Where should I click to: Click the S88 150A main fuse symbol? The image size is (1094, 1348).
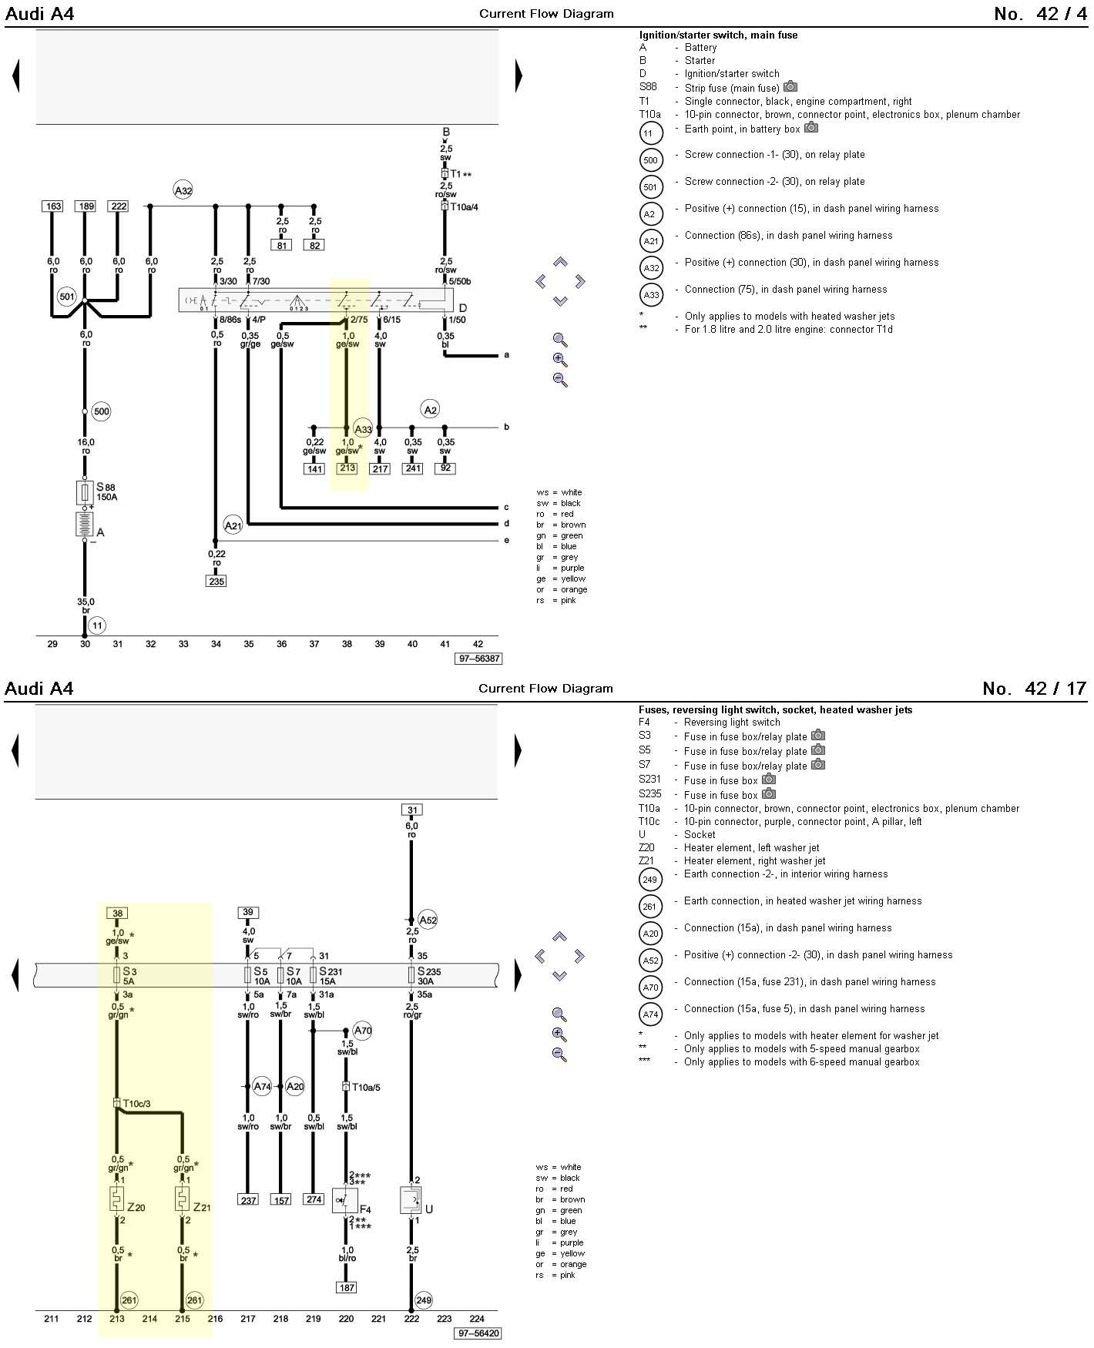click(x=85, y=492)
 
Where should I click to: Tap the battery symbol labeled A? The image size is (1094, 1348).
click(x=85, y=524)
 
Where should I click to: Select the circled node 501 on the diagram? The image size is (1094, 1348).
click(x=67, y=296)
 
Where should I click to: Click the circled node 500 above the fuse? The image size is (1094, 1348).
click(x=101, y=411)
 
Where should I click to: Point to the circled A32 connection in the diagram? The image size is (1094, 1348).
click(x=183, y=190)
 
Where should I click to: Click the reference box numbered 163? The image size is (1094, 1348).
click(x=52, y=206)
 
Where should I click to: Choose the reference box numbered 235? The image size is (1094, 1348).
click(x=216, y=582)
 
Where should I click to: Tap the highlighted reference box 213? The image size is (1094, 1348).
click(x=347, y=468)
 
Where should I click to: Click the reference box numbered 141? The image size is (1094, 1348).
click(x=314, y=468)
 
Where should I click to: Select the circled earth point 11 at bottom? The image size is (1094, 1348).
click(x=97, y=625)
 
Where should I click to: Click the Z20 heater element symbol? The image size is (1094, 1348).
click(x=116, y=1199)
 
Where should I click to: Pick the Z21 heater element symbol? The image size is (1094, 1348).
click(x=183, y=1199)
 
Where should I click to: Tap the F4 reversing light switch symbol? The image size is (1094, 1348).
click(x=344, y=1200)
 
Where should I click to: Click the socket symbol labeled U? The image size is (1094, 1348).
click(x=411, y=1200)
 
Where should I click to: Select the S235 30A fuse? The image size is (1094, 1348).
click(x=411, y=976)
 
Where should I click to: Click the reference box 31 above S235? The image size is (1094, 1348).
click(x=412, y=810)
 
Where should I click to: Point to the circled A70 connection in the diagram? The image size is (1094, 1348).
click(x=362, y=1031)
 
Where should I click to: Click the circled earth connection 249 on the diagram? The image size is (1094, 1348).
click(x=423, y=1300)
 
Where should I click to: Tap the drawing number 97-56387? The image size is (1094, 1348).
click(x=479, y=659)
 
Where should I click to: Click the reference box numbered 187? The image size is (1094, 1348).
click(x=347, y=1287)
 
